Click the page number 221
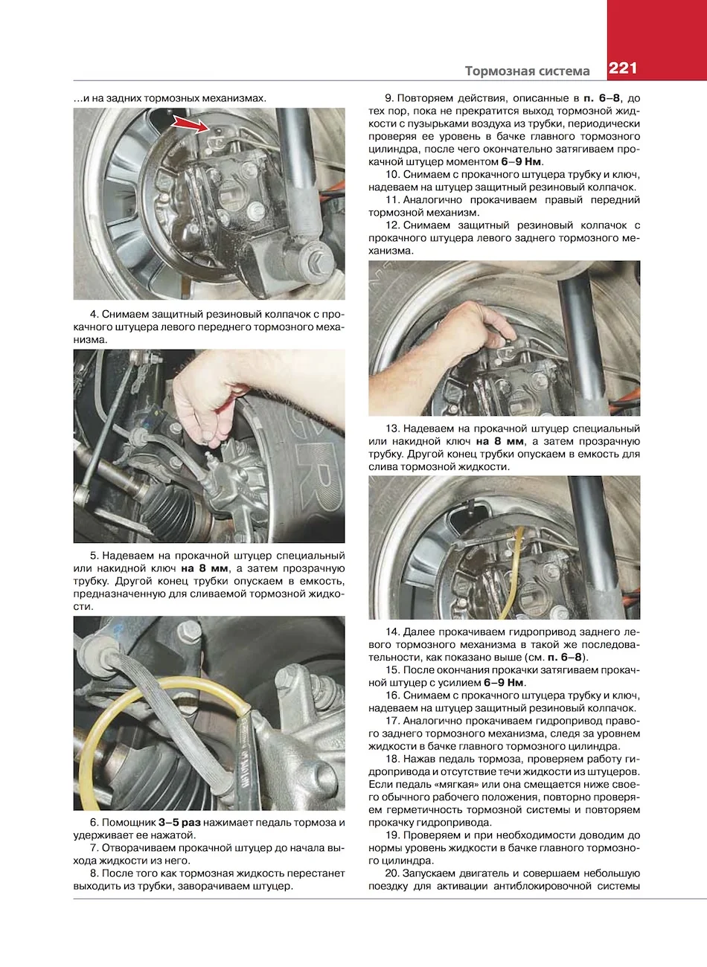click(x=623, y=69)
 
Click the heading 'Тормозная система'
click(x=527, y=71)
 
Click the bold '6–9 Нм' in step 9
click(x=521, y=161)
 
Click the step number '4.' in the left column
click(x=95, y=314)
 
